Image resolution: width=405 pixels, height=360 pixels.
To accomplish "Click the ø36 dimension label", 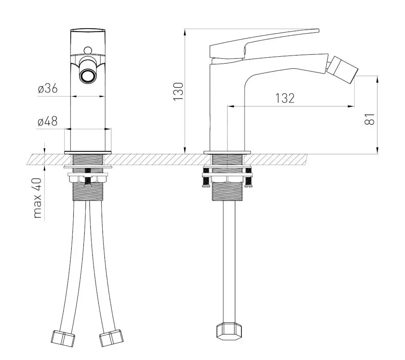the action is click(48, 89).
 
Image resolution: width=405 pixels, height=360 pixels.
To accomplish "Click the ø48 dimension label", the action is click(47, 121).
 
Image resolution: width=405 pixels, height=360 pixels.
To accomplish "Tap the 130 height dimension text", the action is click(178, 92).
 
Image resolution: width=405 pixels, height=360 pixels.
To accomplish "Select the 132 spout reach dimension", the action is click(285, 98).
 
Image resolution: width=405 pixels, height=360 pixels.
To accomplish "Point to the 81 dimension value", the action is click(369, 119).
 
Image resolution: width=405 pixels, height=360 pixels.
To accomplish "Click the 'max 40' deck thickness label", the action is click(37, 198).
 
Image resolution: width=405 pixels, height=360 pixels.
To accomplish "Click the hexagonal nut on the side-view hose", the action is click(229, 331).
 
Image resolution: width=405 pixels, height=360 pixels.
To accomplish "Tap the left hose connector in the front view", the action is click(63, 338).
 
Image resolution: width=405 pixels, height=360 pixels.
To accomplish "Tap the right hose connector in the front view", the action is click(111, 338).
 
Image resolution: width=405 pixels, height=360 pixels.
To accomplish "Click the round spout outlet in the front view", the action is click(88, 76).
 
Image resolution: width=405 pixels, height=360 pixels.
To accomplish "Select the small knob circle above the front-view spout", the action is click(88, 50).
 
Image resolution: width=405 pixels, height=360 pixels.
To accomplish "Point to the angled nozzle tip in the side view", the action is click(343, 67).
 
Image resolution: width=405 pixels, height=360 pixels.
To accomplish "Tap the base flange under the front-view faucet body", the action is click(88, 152).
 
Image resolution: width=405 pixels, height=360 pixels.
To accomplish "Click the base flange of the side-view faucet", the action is click(227, 152).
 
